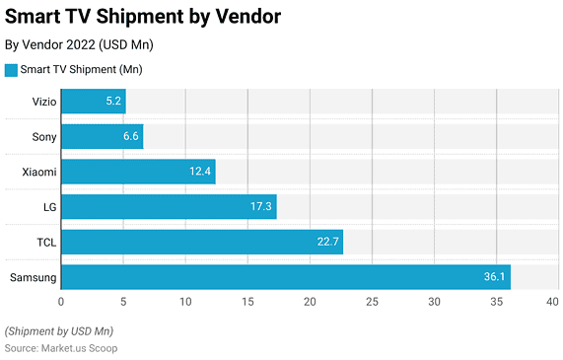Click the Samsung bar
pos(286,277)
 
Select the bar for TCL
pos(202,242)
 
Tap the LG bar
pos(169,206)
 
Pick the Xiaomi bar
pos(138,172)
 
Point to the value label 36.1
pos(494,277)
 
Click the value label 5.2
pos(113,101)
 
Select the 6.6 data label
pos(130,136)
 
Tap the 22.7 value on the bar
pos(327,242)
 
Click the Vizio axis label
pos(44,101)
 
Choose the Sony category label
pos(44,136)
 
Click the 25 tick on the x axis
pos(372,303)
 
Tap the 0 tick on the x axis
pos(61,303)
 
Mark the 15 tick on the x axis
pos(247,303)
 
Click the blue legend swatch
pos(12,70)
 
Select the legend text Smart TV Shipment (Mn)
pos(76,70)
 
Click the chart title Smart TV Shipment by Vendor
pos(142,17)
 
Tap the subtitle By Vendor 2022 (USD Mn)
pos(79,44)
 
